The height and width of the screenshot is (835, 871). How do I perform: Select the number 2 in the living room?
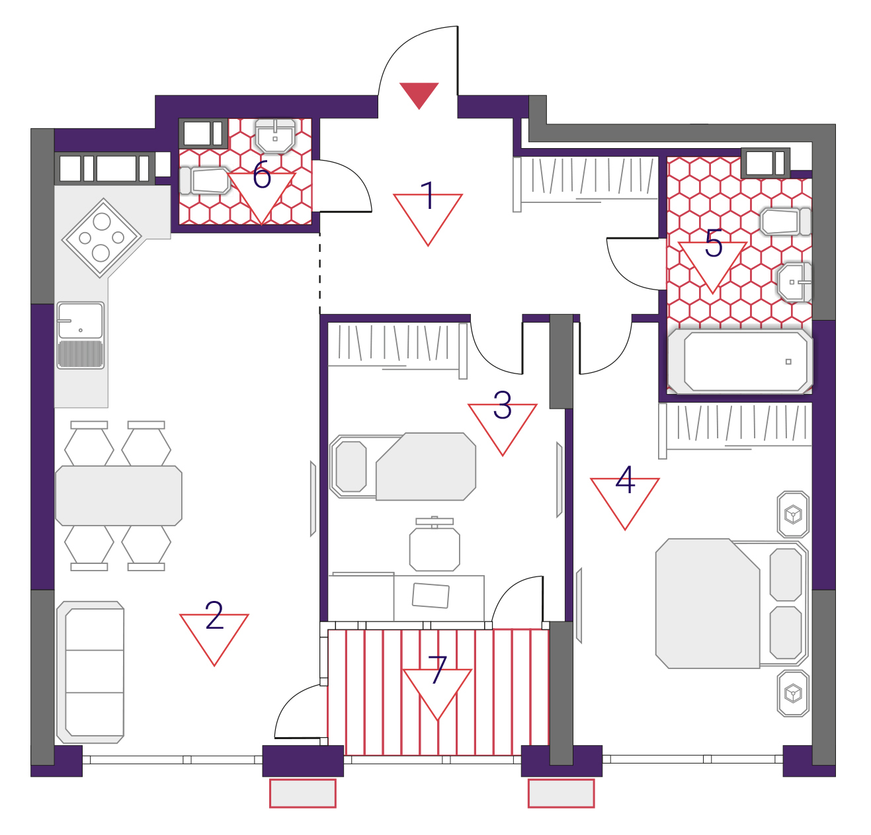(x=214, y=616)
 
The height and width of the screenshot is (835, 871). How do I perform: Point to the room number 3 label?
(x=502, y=405)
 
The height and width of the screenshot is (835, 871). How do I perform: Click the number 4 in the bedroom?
(x=625, y=479)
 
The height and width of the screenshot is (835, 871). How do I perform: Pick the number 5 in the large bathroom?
(x=714, y=243)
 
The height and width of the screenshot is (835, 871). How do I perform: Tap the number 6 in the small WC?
(x=262, y=175)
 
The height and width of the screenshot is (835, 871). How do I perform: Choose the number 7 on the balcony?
(x=437, y=670)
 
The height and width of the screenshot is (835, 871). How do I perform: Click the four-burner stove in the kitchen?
(x=102, y=237)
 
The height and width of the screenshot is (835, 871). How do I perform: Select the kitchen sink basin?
(x=81, y=321)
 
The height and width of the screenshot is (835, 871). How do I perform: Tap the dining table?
(x=118, y=495)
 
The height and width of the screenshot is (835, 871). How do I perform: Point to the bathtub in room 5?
(x=740, y=362)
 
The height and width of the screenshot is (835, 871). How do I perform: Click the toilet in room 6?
(x=204, y=180)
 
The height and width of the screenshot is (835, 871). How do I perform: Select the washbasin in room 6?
(x=275, y=135)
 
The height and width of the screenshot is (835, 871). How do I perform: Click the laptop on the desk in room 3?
(x=431, y=595)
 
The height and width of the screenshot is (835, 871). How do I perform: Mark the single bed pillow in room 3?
(x=351, y=466)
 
